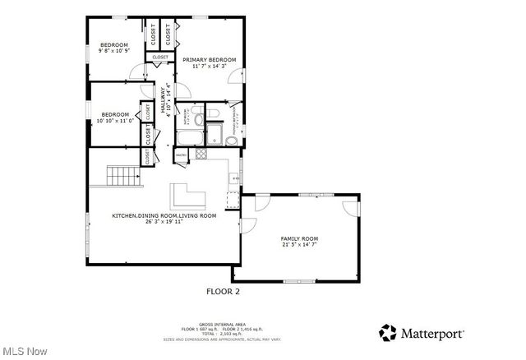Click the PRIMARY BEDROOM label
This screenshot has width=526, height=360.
(209, 60)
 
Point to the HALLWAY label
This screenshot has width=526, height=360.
(164, 100)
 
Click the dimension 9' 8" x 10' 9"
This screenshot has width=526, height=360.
(114, 51)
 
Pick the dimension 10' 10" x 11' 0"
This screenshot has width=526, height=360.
(115, 121)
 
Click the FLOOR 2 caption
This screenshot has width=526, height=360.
(222, 290)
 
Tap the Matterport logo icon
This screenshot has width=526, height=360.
(387, 333)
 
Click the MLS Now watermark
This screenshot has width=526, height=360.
(24, 351)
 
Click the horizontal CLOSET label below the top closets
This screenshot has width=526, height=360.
(160, 57)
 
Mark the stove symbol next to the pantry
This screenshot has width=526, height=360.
(200, 154)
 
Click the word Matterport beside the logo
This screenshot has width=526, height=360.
(432, 334)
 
